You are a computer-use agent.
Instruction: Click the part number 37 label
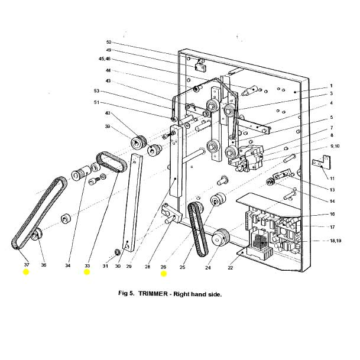click(x=26, y=265)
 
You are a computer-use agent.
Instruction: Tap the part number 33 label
click(x=87, y=265)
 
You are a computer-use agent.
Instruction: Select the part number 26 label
click(x=164, y=267)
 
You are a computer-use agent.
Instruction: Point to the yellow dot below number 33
click(x=87, y=273)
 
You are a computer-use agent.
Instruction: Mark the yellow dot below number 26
click(x=164, y=274)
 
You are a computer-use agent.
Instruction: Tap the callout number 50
click(x=108, y=43)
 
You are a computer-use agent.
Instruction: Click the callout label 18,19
click(x=335, y=241)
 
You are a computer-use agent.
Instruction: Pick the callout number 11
click(x=332, y=178)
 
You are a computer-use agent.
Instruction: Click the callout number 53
click(x=97, y=91)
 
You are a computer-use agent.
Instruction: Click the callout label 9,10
click(x=335, y=145)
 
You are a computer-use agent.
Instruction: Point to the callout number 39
click(x=108, y=127)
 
